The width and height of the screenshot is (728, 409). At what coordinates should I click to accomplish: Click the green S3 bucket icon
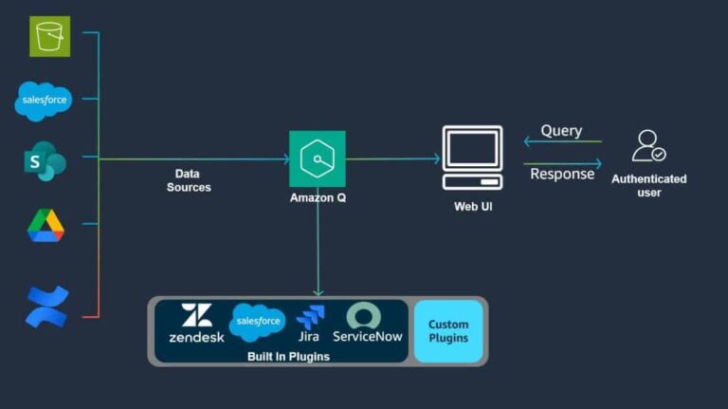(48, 35)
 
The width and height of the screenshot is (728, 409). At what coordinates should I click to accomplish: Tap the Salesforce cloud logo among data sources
(44, 101)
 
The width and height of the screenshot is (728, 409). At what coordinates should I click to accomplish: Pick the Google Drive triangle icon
(45, 225)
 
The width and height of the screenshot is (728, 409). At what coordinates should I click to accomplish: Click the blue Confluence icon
(46, 306)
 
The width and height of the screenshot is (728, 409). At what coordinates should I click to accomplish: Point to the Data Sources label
(188, 180)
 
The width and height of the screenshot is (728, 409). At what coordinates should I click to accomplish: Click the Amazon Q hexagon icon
(317, 158)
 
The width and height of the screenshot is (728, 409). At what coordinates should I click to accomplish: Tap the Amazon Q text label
(317, 197)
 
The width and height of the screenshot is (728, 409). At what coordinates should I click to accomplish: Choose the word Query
(561, 131)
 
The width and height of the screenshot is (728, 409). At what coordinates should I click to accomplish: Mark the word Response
(562, 174)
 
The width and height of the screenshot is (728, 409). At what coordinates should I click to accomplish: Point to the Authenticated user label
(648, 185)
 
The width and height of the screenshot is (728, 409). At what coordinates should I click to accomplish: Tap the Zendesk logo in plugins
(196, 324)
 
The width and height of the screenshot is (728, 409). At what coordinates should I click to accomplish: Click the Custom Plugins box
(448, 331)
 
